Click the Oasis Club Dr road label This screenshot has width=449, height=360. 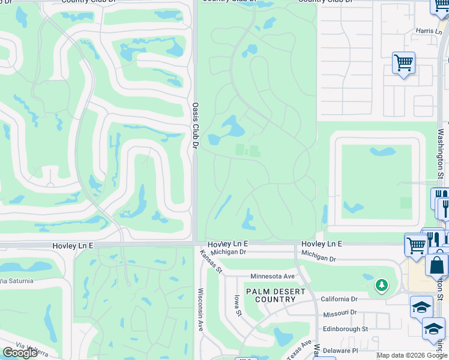tap(195, 125)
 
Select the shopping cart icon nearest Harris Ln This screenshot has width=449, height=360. tap(403, 63)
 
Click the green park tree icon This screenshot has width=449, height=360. tap(381, 285)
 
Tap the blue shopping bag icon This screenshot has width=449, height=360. tap(437, 265)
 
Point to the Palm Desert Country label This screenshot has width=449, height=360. tap(280, 295)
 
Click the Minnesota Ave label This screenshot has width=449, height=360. tap(273, 276)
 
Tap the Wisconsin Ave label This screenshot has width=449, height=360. tap(200, 309)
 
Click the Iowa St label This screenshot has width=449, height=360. tap(238, 305)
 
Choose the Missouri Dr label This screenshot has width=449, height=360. tap(339, 313)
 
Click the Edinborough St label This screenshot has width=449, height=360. tap(345, 329)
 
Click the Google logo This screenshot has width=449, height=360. tap(20, 353)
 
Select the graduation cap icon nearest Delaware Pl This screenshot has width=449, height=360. tap(433, 329)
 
